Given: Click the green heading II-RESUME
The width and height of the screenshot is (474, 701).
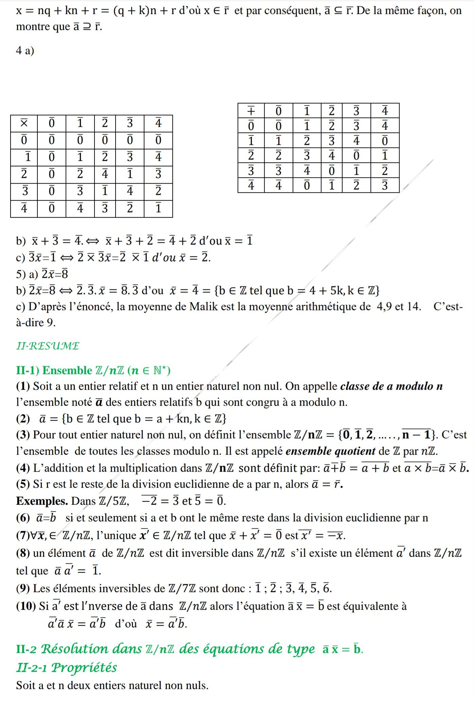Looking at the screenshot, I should (48, 346).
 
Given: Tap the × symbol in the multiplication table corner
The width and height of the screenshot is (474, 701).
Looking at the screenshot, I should (24, 123).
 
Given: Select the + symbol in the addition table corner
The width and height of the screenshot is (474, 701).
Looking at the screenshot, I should (251, 111).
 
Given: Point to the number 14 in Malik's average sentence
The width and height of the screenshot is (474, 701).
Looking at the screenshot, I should (414, 306).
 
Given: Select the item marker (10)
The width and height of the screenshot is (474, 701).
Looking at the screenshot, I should (26, 606).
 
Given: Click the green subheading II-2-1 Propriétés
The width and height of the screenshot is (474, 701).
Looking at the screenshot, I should (67, 667).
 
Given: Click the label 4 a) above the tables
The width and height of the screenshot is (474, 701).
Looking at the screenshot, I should (25, 50).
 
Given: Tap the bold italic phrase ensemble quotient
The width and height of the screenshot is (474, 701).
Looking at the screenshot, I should (330, 451).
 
